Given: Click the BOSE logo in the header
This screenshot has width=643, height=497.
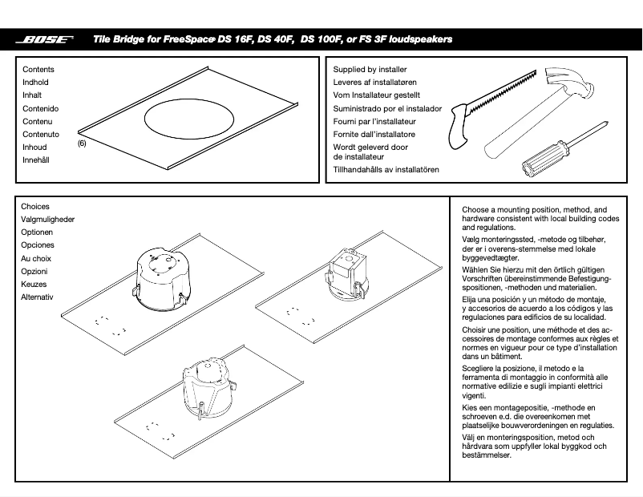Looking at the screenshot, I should tap(48, 38).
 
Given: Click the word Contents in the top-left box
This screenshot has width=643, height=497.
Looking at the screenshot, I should tap(38, 70).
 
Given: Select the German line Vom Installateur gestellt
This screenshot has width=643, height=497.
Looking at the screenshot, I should tap(376, 95).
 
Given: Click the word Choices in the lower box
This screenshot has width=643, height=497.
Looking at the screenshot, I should tap(35, 207).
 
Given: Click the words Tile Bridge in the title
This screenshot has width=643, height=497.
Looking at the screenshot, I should tap(119, 38).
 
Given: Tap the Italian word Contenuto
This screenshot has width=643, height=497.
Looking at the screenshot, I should tap(41, 135).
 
